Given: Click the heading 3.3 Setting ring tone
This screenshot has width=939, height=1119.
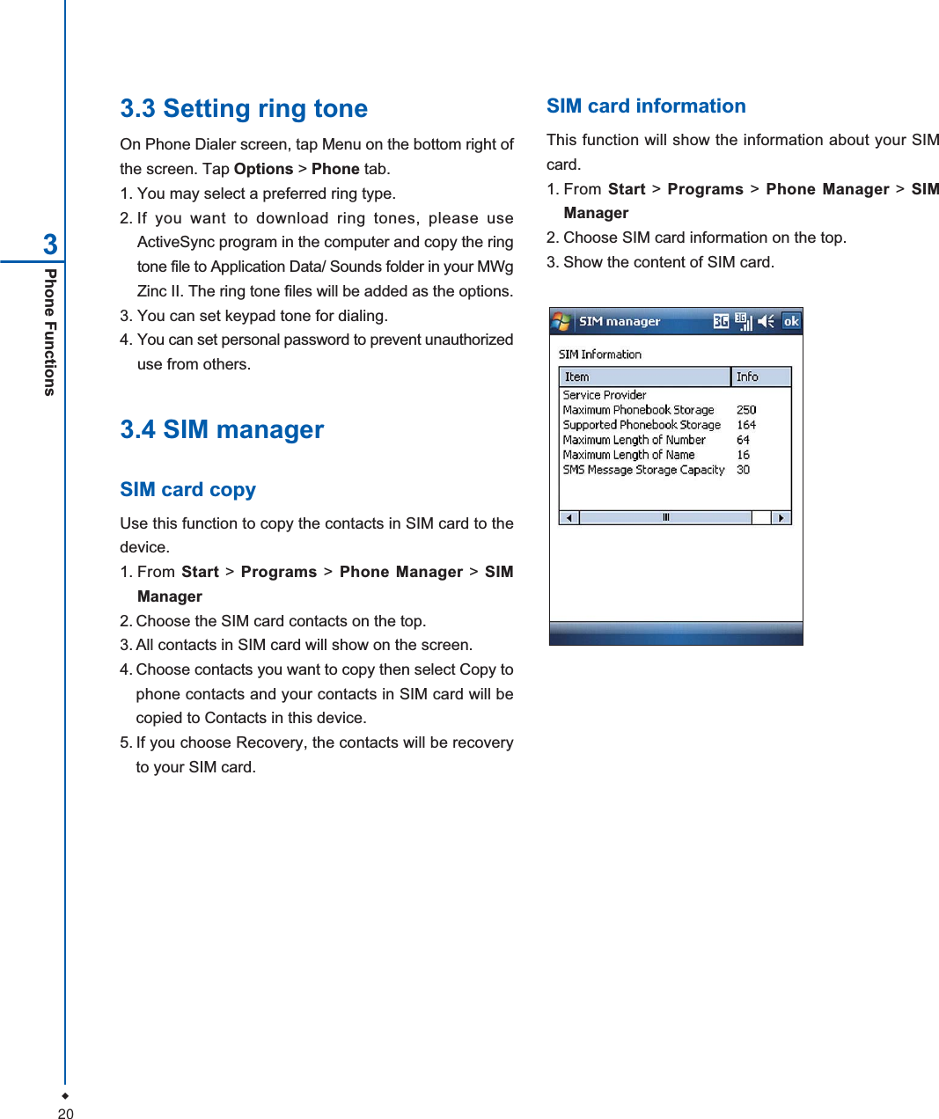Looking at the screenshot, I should (244, 108).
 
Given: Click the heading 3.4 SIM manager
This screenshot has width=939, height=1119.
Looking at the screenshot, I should (222, 429).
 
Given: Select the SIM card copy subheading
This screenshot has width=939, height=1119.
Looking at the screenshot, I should (187, 490).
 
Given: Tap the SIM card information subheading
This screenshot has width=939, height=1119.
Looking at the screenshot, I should (646, 106).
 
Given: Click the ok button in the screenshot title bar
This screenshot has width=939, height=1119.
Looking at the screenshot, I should (791, 321).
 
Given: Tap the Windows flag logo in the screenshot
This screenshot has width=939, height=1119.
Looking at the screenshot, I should (561, 322).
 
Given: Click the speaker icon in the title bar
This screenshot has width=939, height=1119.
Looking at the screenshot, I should (767, 321).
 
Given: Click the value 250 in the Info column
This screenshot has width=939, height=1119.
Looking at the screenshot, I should (746, 410).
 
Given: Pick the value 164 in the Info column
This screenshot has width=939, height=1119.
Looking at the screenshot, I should (746, 425).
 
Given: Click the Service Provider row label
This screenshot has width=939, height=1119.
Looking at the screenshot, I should (605, 395).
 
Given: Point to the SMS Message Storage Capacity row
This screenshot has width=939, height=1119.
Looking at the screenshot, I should (643, 470).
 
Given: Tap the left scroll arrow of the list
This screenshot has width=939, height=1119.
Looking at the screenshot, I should (569, 517).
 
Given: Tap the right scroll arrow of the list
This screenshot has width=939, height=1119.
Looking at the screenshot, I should (781, 517).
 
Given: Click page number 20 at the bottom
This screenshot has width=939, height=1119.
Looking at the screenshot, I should (65, 1114).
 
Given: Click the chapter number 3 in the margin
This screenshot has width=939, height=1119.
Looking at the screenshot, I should (51, 244).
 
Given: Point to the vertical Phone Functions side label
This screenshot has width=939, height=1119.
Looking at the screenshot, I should (51, 333).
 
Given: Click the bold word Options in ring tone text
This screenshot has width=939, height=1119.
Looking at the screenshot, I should (263, 169).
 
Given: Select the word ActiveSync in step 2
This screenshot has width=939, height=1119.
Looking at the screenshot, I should (176, 242).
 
